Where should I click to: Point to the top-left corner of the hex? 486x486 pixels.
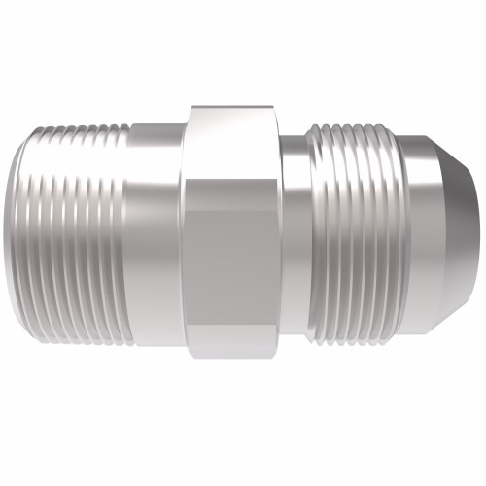[x=191, y=106]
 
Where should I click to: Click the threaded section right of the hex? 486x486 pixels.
[x=355, y=233]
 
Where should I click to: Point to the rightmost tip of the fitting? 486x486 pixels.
[x=479, y=233]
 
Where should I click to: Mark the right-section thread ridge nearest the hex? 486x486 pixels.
[x=313, y=233]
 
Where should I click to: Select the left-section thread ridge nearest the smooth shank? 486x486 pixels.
[x=122, y=233]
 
